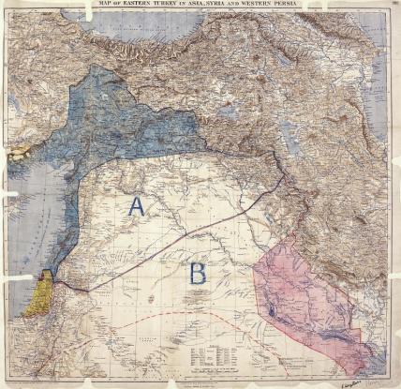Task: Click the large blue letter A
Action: (137, 207)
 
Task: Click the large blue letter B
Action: (198, 274)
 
